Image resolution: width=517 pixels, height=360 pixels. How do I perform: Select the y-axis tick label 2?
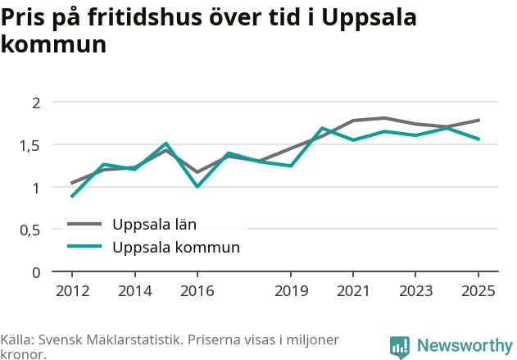(36, 103)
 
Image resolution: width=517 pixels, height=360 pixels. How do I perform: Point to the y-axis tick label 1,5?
(30, 146)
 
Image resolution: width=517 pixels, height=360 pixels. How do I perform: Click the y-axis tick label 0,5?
(30, 230)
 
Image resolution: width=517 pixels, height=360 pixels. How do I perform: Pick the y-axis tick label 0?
(36, 272)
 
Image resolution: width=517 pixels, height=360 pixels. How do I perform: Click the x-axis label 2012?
(73, 291)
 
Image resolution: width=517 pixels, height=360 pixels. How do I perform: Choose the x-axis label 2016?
(197, 291)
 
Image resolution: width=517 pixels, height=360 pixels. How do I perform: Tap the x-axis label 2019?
(291, 291)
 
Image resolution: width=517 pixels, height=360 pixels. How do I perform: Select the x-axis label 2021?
(353, 291)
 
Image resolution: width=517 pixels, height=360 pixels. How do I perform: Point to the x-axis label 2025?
(478, 291)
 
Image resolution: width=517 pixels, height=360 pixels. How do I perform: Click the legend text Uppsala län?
(154, 225)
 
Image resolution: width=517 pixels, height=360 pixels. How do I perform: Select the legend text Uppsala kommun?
(176, 248)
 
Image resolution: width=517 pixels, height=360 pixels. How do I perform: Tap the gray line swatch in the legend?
(84, 224)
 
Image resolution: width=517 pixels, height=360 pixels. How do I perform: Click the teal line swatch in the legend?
(84, 246)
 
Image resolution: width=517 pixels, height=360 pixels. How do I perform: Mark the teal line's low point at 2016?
(197, 187)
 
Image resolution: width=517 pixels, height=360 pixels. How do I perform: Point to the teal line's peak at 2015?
(166, 144)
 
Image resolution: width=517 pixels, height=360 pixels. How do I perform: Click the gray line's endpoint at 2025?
(478, 120)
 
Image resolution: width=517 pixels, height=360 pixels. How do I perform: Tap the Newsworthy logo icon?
(400, 348)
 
